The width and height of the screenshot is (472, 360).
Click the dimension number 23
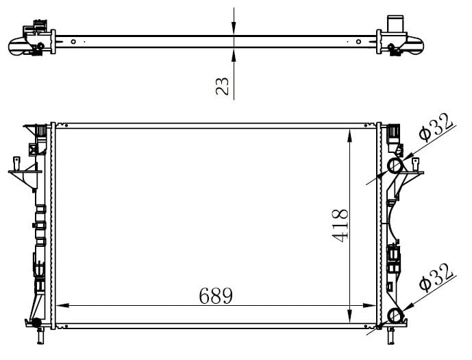[223, 86]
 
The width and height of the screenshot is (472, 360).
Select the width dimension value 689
[216, 296]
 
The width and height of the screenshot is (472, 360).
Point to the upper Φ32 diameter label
[436, 127]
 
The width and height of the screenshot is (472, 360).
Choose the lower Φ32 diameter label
[436, 278]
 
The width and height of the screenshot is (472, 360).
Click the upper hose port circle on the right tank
[395, 166]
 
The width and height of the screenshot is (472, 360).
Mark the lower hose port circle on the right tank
[395, 316]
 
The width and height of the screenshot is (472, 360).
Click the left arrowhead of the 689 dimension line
[62, 305]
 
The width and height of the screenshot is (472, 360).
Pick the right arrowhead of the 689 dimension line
[369, 305]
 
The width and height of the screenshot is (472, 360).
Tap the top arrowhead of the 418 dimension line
[349, 135]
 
